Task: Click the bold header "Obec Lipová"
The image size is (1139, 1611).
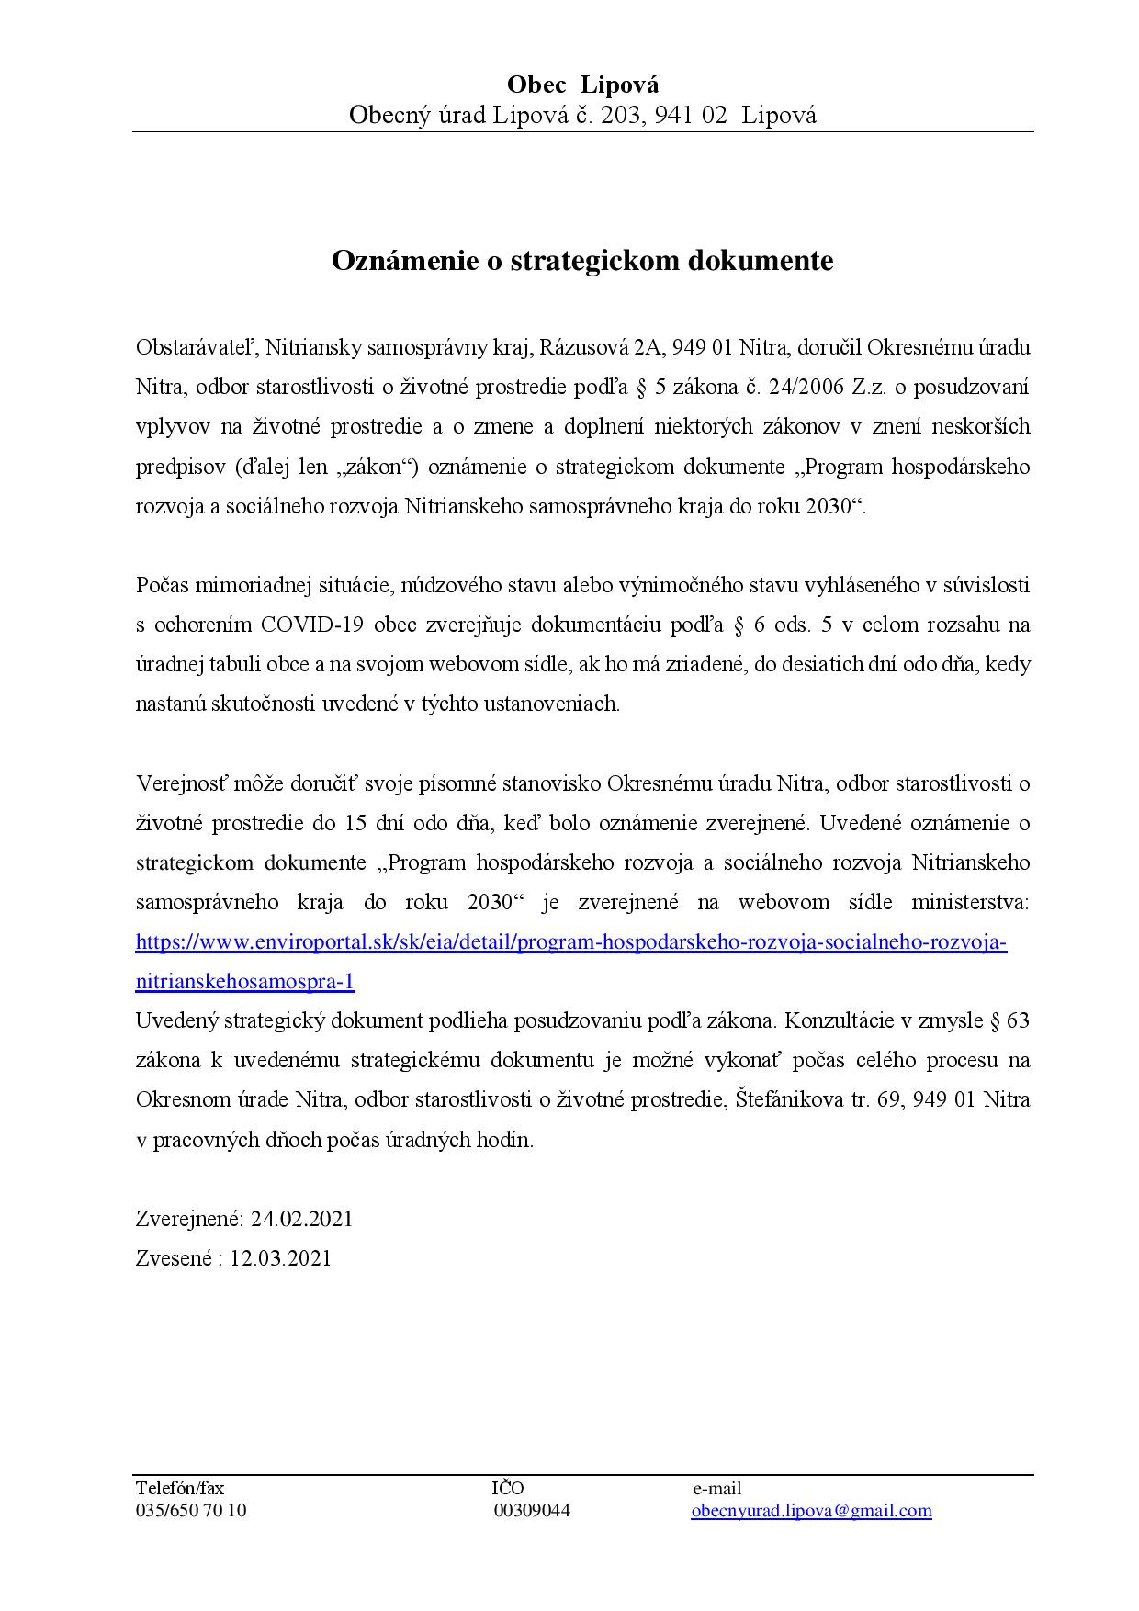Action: pyautogui.click(x=582, y=85)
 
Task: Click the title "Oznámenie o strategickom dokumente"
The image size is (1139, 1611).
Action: pyautogui.click(x=582, y=261)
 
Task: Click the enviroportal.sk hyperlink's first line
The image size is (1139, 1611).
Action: pyautogui.click(x=570, y=942)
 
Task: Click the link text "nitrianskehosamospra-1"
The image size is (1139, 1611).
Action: pyautogui.click(x=245, y=981)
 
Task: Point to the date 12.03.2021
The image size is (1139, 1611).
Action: pyautogui.click(x=280, y=1258)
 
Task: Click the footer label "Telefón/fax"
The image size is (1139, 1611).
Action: pyautogui.click(x=180, y=1489)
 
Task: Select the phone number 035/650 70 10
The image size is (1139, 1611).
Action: pyautogui.click(x=191, y=1511)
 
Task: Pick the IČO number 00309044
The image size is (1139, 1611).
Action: pyautogui.click(x=532, y=1511)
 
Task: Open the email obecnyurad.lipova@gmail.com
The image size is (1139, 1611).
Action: pyautogui.click(x=811, y=1511)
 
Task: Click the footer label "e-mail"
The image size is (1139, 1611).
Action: pyautogui.click(x=716, y=1489)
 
